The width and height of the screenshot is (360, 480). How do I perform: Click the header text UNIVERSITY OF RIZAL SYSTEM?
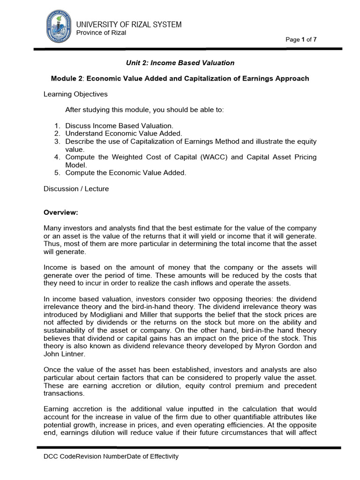pos(129,24)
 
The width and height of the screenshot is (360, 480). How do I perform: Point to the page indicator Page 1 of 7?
pos(301,39)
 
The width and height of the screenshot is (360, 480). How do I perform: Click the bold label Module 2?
pos(67,78)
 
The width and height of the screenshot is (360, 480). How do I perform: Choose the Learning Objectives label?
pos(75,94)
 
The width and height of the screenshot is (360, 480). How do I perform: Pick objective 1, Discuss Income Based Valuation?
pos(119,126)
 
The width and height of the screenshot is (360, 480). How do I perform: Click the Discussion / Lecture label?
pos(76,188)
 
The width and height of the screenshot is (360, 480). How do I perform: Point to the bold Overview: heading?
pos(60,212)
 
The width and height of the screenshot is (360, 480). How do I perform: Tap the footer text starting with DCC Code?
pos(111,456)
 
